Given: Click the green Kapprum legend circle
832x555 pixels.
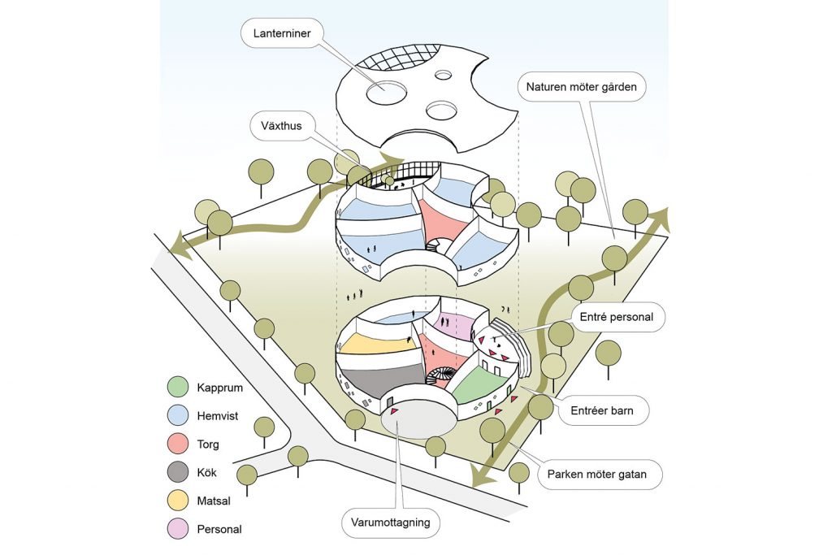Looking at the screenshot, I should pyautogui.click(x=180, y=387).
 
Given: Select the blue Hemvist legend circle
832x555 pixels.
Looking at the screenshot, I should pyautogui.click(x=180, y=415).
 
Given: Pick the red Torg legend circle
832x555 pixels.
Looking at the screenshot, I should pyautogui.click(x=180, y=444).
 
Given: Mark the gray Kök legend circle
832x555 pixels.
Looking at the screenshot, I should pyautogui.click(x=180, y=472).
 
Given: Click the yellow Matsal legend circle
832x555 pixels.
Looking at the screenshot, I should pyautogui.click(x=180, y=501).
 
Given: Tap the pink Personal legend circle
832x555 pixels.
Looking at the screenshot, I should pyautogui.click(x=180, y=529).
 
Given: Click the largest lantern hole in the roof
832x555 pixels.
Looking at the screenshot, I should pyautogui.click(x=387, y=93).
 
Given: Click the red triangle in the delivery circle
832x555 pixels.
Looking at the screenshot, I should pyautogui.click(x=394, y=412).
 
